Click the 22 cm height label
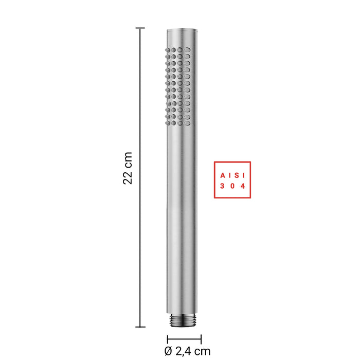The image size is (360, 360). pyautogui.click(x=128, y=168)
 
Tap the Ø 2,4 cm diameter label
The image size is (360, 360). pyautogui.click(x=187, y=351)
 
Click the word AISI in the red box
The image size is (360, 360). pyautogui.click(x=232, y=176)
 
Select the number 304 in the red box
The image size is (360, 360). pyautogui.click(x=232, y=186)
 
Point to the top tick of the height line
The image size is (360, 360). pyautogui.click(x=140, y=28)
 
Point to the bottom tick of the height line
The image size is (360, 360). pyautogui.click(x=140, y=327)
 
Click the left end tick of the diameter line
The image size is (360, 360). pyautogui.click(x=168, y=339)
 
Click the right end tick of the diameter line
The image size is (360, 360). pyautogui.click(x=201, y=339)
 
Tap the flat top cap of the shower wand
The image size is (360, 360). pyautogui.click(x=182, y=30)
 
